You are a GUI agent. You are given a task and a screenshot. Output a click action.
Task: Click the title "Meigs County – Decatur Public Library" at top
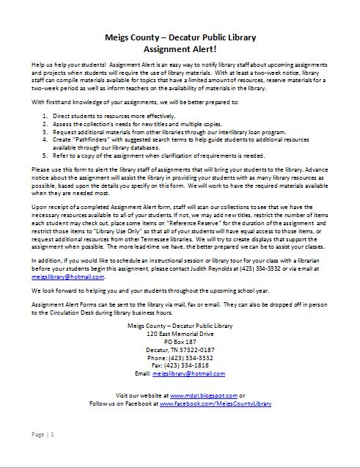pyautogui.click(x=179, y=35)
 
